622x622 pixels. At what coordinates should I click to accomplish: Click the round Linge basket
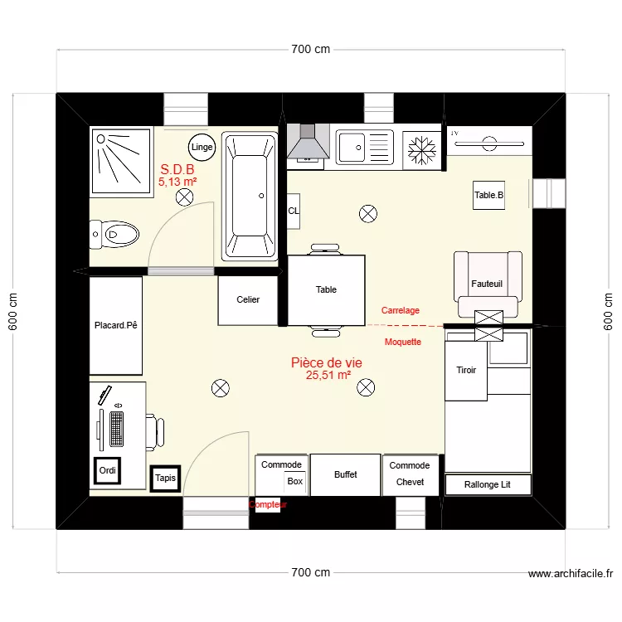pos(202,147)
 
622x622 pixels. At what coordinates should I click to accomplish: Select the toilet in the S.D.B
pos(114,235)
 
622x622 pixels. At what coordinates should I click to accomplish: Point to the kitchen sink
pos(363,148)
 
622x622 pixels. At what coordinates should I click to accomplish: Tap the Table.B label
pos(488,196)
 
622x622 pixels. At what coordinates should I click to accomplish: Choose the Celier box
pos(248,300)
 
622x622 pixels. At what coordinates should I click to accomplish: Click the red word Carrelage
pos(400,310)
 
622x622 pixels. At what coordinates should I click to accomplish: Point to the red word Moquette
pos(403,342)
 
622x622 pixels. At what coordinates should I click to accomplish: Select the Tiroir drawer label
pos(466,370)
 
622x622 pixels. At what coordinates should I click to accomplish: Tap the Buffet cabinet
pos(346,474)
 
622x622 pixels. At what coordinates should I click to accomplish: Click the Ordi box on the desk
pos(108,471)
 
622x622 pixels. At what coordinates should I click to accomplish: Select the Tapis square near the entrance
pos(165,478)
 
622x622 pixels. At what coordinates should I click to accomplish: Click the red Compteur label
pos(267,504)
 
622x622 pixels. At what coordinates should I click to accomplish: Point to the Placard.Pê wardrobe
pos(115,325)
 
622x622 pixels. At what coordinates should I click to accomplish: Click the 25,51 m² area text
pos(328,376)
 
